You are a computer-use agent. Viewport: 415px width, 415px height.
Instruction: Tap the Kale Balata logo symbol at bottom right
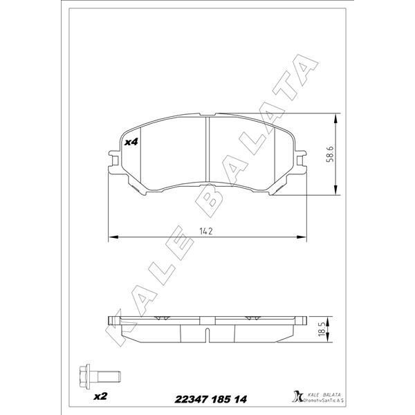point(298,396)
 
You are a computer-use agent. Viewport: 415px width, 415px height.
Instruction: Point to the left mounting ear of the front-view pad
point(113,161)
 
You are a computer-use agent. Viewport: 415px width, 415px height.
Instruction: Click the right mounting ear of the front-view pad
point(301,161)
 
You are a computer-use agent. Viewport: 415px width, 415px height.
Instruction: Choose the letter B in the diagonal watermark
point(212,201)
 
